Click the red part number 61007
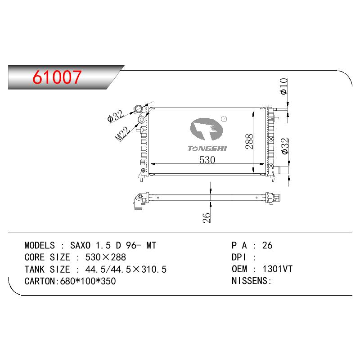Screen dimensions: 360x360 pos(57,77)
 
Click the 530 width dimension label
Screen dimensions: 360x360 pos(207,160)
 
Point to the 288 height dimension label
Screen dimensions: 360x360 pos(249,142)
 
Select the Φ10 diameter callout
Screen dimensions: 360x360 pos(284,86)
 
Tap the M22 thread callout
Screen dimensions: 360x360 pos(122,134)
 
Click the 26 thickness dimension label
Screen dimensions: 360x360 pos(207,217)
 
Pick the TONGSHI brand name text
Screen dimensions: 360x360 pos(207,149)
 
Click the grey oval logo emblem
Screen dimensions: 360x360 pos(207,129)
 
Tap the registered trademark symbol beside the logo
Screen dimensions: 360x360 pos(224,119)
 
